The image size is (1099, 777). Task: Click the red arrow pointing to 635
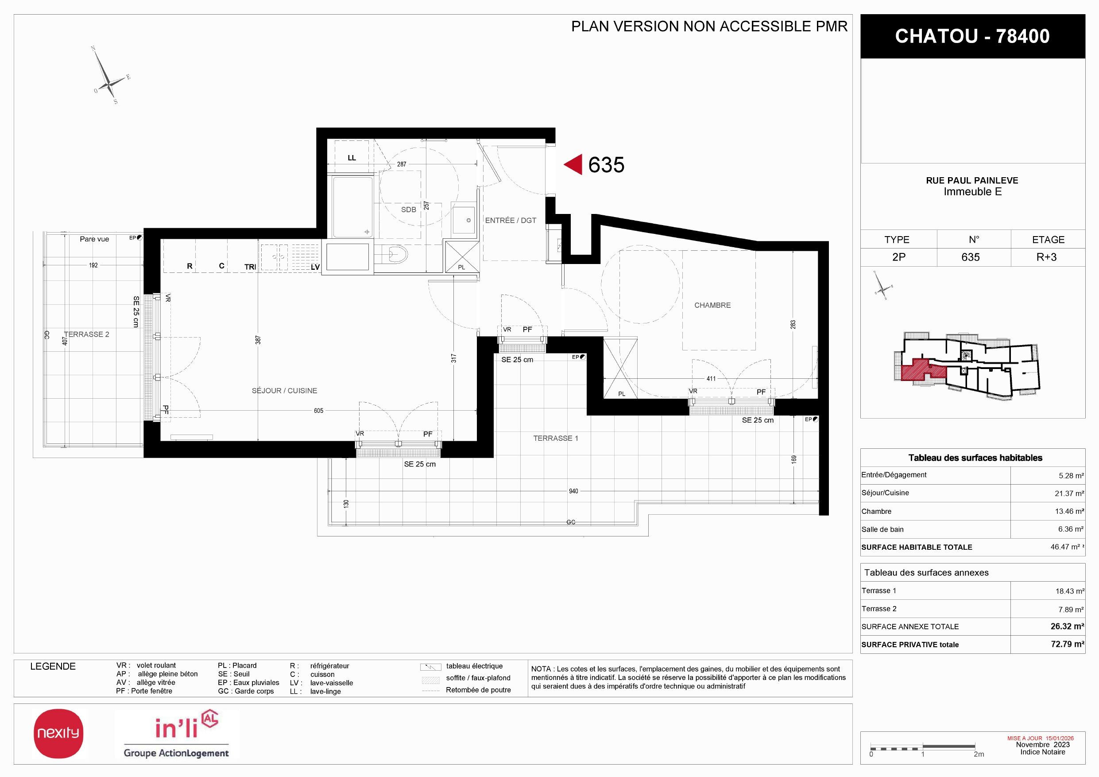[x=573, y=165]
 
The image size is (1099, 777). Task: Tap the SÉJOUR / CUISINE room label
[x=284, y=391]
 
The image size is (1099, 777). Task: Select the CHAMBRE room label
[x=712, y=305]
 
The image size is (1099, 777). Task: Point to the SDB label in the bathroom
[x=408, y=210]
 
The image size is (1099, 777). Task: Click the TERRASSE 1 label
[x=556, y=439]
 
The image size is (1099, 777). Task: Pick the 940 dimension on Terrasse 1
[x=573, y=491]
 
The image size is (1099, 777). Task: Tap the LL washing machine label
[x=352, y=158]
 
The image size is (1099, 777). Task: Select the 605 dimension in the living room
[x=319, y=411]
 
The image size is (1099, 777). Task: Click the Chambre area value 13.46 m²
[x=1069, y=511]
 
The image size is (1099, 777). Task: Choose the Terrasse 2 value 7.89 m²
[x=1071, y=610]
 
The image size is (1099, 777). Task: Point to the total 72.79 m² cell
[x=1068, y=645]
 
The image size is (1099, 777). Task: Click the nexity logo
[x=58, y=734]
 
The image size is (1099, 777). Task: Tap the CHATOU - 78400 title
[x=972, y=36]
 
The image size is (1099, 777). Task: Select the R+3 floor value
[x=1046, y=257]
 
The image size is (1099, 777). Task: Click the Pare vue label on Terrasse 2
[x=94, y=239]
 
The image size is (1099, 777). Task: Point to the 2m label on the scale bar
[x=979, y=754]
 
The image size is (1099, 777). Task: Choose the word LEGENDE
[x=53, y=666]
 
